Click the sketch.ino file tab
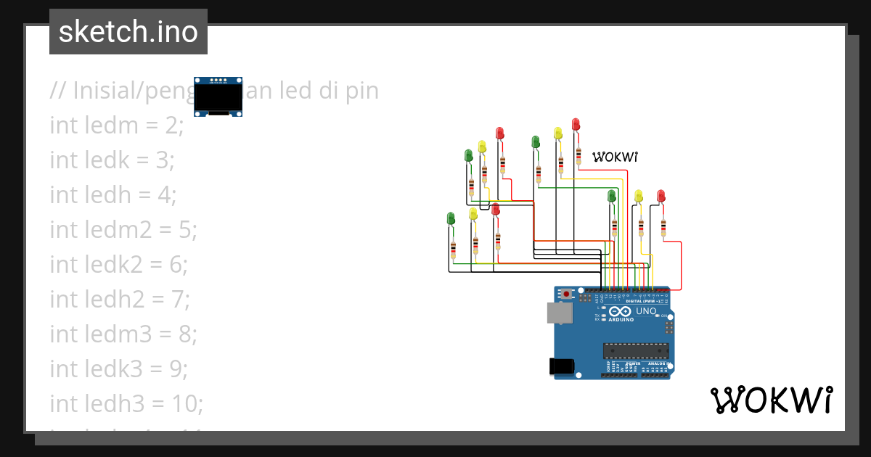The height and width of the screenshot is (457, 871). click(128, 32)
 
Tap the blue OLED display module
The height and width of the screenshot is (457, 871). click(218, 96)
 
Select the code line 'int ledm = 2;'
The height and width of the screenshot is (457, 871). click(117, 125)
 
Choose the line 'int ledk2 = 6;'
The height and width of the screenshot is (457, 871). click(118, 264)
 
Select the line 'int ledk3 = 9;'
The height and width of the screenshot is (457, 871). click(118, 369)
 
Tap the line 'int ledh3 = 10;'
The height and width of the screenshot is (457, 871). click(126, 403)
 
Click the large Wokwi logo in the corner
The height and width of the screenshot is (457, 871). click(771, 400)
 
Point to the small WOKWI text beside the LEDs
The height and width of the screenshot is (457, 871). click(615, 157)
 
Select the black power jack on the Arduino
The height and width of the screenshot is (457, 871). click(562, 367)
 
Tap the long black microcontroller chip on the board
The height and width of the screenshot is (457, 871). click(635, 350)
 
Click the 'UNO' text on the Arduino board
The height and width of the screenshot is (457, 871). click(645, 312)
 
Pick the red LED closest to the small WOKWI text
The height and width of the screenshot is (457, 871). click(576, 124)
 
